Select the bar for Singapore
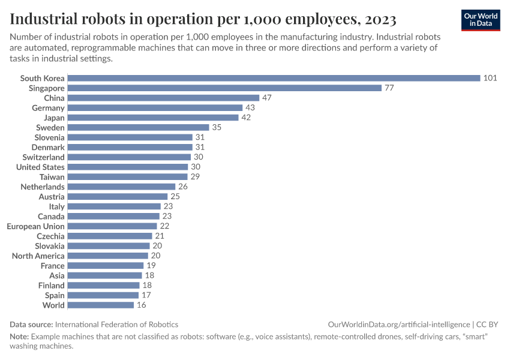click(x=224, y=88)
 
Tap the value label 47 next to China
click(x=267, y=98)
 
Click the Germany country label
click(x=48, y=107)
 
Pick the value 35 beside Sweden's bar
click(x=217, y=127)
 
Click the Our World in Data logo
click(x=481, y=19)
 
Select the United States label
click(x=40, y=167)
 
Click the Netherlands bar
click(x=121, y=187)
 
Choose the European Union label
click(x=35, y=226)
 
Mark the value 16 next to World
click(x=141, y=305)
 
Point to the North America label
click(x=38, y=256)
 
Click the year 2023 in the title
click(x=379, y=19)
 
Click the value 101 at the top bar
click(x=490, y=78)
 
